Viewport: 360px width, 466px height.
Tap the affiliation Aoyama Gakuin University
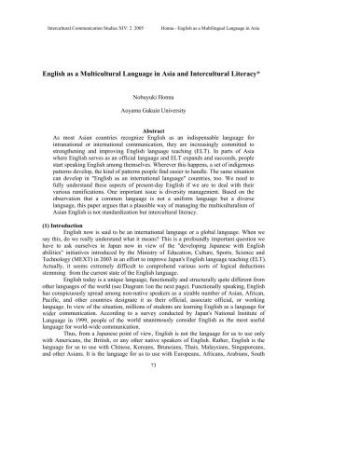[180, 110]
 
